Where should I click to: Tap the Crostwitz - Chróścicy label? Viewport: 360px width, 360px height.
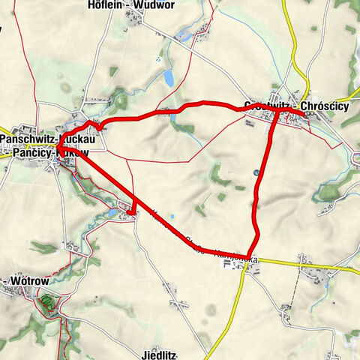click(x=295, y=105)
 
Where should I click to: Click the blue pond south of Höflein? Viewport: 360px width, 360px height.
click(x=168, y=78)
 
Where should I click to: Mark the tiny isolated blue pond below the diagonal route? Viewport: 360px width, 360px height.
click(x=172, y=218)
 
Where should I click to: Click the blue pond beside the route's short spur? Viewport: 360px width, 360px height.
click(x=113, y=214)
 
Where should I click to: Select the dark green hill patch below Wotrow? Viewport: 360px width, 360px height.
click(x=47, y=303)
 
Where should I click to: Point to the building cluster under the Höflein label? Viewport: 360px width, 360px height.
click(x=135, y=22)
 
